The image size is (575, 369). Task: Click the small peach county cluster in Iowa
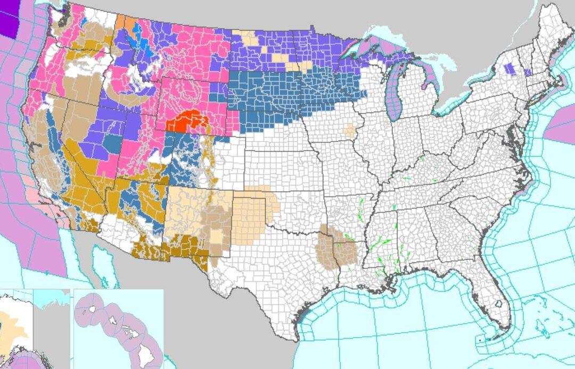[349, 130]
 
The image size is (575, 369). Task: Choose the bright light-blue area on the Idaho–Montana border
[143, 45]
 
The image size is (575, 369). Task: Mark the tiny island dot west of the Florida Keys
[481, 339]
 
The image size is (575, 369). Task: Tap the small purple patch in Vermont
[527, 72]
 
